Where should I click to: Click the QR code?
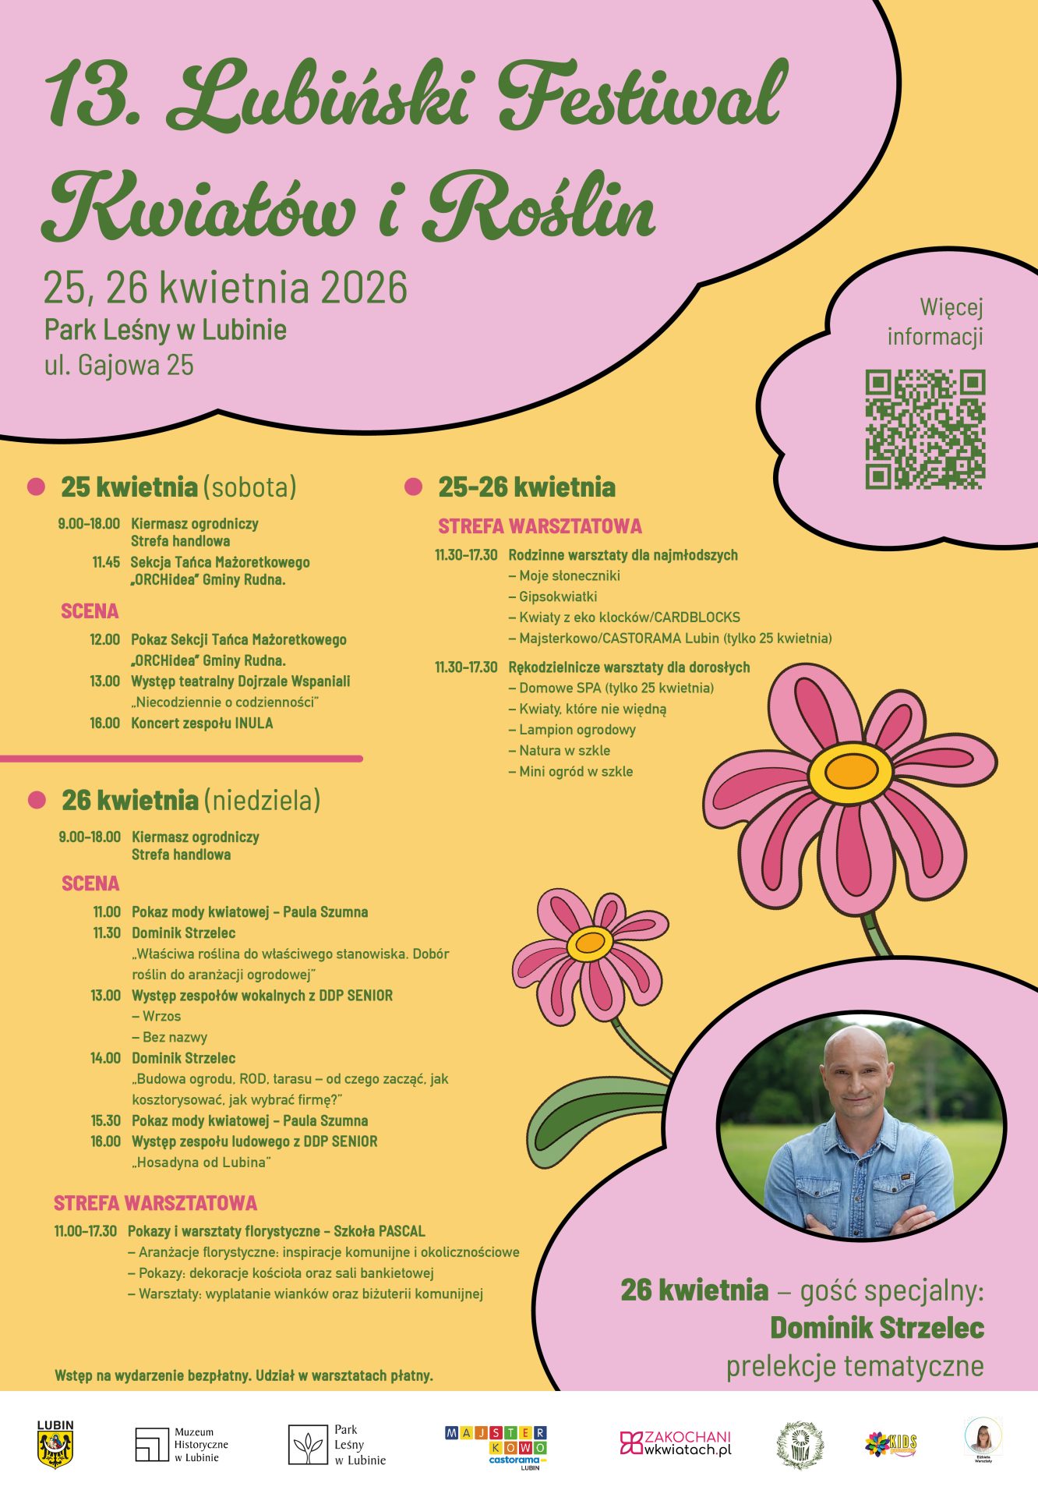click(925, 430)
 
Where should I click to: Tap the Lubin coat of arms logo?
click(55, 1444)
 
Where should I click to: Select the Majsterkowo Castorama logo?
click(496, 1446)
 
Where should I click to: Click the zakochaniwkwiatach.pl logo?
click(676, 1442)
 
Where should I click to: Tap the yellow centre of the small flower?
click(590, 943)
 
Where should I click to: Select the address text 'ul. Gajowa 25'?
click(119, 365)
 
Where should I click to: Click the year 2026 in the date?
click(363, 287)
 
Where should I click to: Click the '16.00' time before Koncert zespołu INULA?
click(105, 723)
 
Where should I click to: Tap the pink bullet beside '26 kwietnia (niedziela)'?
click(37, 800)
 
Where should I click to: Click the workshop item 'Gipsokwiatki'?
click(558, 596)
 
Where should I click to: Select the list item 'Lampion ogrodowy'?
click(577, 730)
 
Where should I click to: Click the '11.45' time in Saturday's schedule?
click(106, 562)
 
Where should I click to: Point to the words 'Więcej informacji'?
click(936, 321)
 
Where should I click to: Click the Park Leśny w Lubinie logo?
click(337, 1444)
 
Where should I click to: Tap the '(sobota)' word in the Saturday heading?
click(250, 487)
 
